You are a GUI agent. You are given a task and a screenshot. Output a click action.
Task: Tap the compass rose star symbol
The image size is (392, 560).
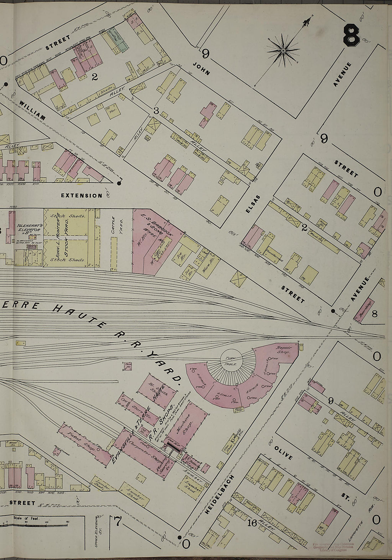[x=283, y=51]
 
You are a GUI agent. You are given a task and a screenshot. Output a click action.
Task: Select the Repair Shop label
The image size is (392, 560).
[x=284, y=349]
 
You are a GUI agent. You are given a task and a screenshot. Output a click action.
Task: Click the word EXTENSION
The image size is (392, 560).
[x=81, y=196]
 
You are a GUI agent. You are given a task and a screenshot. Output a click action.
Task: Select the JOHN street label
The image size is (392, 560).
[x=201, y=68]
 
